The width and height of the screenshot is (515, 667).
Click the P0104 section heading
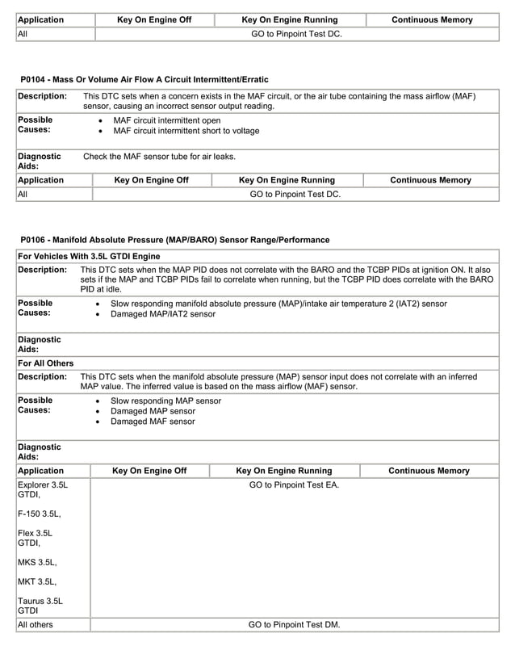pyautogui.click(x=144, y=79)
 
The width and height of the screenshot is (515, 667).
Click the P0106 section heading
pyautogui.click(x=174, y=240)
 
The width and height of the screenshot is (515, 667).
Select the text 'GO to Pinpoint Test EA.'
pyautogui.click(x=294, y=485)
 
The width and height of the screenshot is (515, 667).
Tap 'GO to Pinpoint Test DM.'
pyautogui.click(x=294, y=625)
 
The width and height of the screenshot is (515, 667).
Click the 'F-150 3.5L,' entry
pyautogui.click(x=39, y=513)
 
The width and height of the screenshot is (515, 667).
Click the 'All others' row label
pyautogui.click(x=37, y=625)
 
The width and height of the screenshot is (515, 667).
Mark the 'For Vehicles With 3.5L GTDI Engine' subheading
pyautogui.click(x=89, y=256)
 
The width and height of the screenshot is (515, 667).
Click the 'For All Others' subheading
pyautogui.click(x=45, y=363)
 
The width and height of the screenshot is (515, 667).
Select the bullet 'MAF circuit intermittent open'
pyautogui.click(x=167, y=120)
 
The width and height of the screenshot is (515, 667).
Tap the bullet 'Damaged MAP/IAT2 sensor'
pyautogui.click(x=163, y=314)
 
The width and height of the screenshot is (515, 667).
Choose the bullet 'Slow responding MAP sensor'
pyautogui.click(x=165, y=401)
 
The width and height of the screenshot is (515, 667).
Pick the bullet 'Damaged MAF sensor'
pyautogui.click(x=153, y=422)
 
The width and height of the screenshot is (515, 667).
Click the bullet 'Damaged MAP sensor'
pyautogui.click(x=153, y=411)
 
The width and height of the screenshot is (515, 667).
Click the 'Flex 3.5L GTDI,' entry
pyautogui.click(x=36, y=539)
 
